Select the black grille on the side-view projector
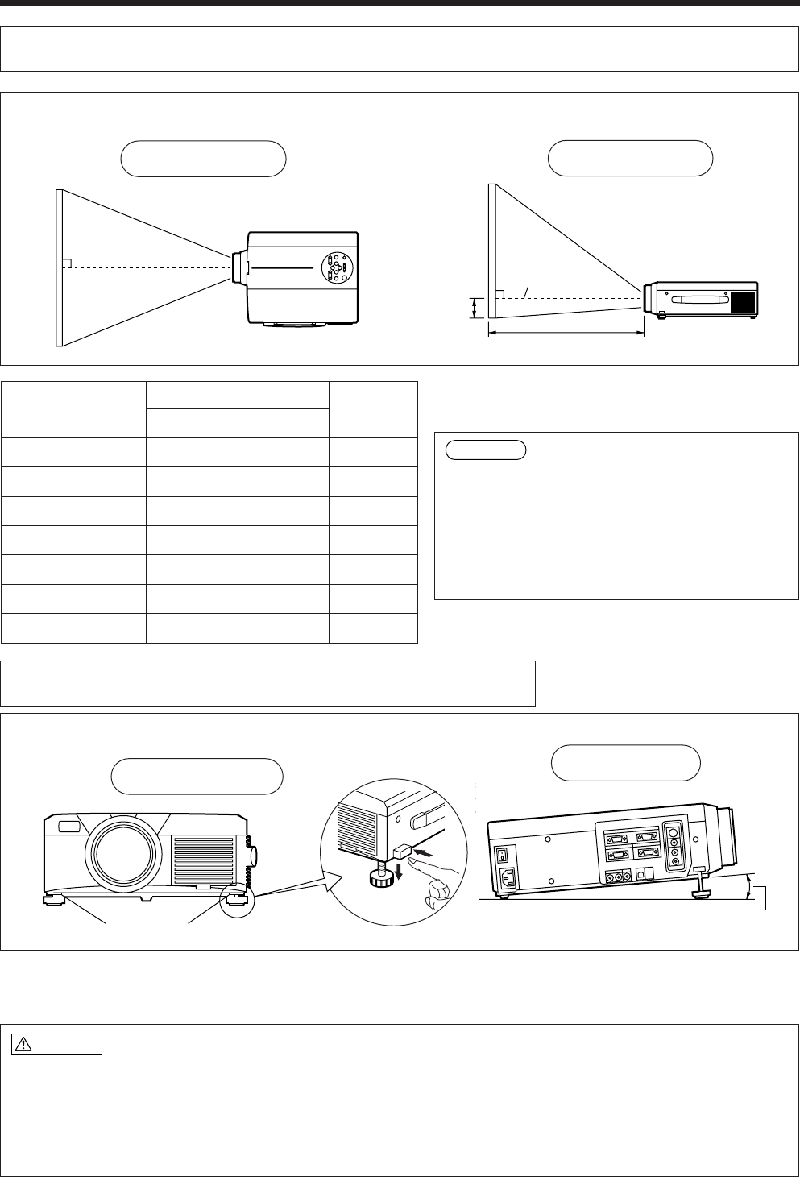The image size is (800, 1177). pyautogui.click(x=743, y=301)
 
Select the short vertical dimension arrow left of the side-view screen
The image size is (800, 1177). pyautogui.click(x=475, y=308)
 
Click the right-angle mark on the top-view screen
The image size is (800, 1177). pyautogui.click(x=68, y=263)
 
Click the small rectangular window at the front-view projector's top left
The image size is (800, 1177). pyautogui.click(x=68, y=825)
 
